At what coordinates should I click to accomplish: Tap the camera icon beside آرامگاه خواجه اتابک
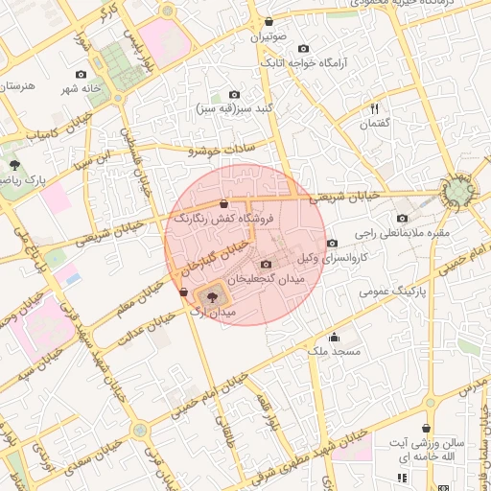coord(304,49)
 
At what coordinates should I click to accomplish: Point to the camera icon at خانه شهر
coord(81,75)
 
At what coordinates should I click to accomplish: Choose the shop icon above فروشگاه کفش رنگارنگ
coord(223,203)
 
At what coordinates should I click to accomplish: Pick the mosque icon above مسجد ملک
coord(334,338)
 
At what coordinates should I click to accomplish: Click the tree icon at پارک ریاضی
coord(13,165)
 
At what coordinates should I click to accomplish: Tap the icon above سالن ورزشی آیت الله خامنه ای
coord(426,429)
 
